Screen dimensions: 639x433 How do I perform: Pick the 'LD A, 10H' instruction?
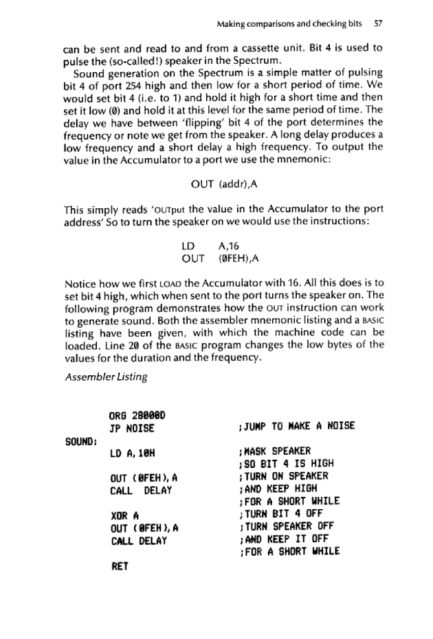[x=135, y=453]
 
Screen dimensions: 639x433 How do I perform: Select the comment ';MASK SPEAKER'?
[x=273, y=453]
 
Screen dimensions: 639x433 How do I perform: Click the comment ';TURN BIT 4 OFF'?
[x=279, y=519]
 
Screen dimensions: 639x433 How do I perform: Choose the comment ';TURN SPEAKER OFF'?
[x=285, y=531]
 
